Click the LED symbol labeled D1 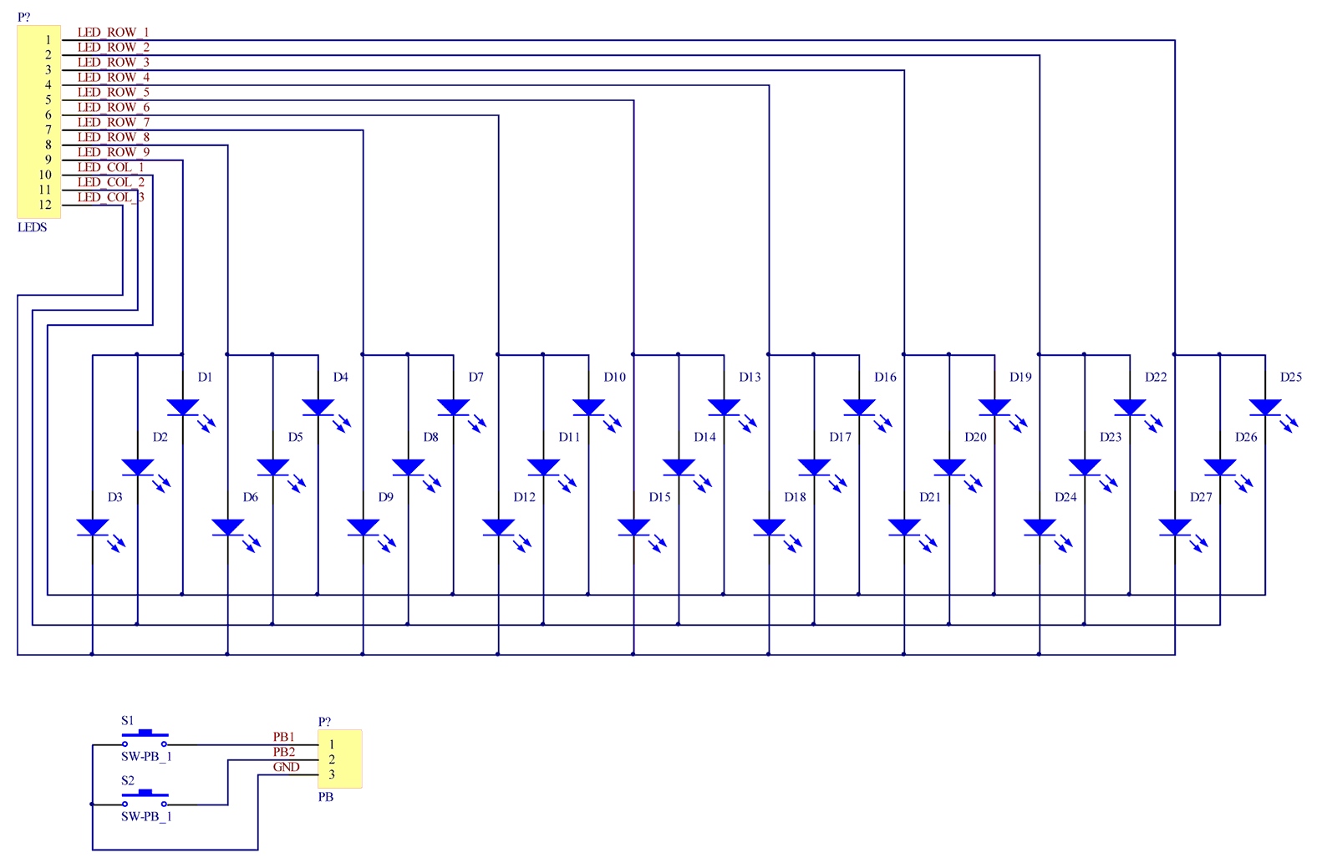(x=183, y=408)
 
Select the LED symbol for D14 (x=679, y=467)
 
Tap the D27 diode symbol (x=1175, y=527)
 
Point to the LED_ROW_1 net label (x=113, y=33)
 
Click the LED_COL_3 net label (x=110, y=197)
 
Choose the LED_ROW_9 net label (x=113, y=152)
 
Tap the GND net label (x=286, y=767)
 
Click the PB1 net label (x=283, y=737)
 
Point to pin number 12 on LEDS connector (x=45, y=205)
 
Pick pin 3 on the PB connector (x=332, y=774)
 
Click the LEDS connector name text (x=33, y=227)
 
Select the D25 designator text (x=1290, y=377)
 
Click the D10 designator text (x=614, y=377)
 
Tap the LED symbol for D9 (x=363, y=527)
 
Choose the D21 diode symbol (x=904, y=527)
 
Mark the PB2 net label (x=283, y=752)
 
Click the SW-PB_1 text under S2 (x=146, y=816)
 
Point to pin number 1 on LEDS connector (x=48, y=39)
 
